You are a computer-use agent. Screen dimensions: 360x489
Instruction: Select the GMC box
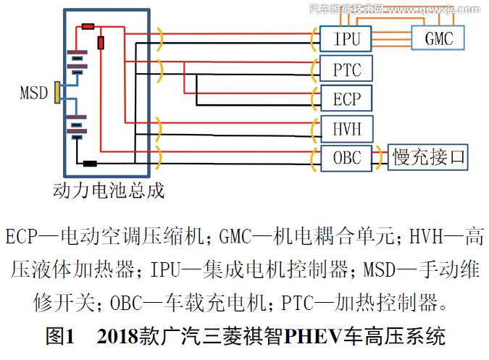(439, 37)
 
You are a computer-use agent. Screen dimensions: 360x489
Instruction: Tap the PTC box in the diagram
(346, 70)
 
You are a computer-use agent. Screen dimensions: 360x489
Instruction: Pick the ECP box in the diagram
(346, 99)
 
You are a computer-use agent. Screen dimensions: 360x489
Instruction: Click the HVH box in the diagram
(346, 129)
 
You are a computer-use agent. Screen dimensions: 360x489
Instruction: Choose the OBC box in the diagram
(346, 156)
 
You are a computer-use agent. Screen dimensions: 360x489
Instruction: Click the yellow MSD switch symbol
(57, 93)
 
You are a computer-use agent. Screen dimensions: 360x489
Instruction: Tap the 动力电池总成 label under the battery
(109, 191)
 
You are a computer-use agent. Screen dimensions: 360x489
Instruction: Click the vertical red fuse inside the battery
(101, 43)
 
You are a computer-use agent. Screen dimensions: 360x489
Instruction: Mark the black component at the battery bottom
(91, 163)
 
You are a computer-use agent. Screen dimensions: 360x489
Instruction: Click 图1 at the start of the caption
(61, 337)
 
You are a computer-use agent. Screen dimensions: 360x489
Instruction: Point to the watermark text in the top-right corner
(395, 9)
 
